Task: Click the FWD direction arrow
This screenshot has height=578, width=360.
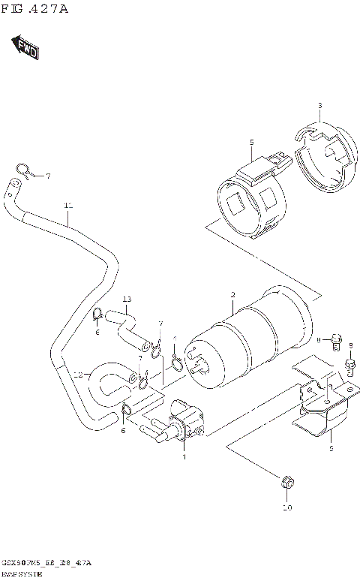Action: click(x=25, y=48)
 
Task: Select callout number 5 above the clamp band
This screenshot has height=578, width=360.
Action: click(x=252, y=142)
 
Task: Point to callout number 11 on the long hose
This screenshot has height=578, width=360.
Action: click(x=67, y=205)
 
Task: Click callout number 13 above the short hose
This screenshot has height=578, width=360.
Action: click(x=127, y=300)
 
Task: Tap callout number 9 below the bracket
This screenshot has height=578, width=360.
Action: click(x=330, y=448)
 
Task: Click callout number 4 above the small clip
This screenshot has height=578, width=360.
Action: click(x=174, y=339)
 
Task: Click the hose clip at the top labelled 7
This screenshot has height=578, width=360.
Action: click(x=22, y=171)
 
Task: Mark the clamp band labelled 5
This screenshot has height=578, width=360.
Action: click(x=251, y=199)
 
